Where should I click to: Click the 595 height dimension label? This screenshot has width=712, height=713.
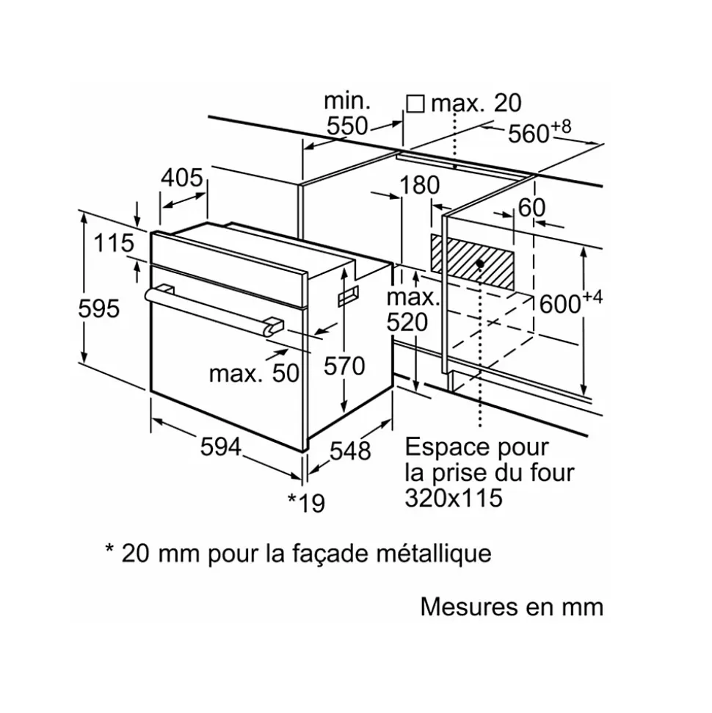[98, 309]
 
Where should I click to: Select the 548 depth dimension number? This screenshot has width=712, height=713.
[349, 450]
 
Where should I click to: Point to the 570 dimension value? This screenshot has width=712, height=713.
[344, 365]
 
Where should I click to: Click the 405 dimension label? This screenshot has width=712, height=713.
[181, 178]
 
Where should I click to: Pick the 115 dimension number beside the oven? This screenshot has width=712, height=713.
[115, 242]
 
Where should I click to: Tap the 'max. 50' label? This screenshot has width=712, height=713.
[254, 373]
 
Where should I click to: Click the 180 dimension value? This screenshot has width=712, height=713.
[418, 187]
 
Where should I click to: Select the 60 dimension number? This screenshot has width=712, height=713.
[531, 208]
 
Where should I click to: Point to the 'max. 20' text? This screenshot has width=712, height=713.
[476, 104]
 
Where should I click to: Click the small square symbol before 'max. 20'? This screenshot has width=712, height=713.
[415, 104]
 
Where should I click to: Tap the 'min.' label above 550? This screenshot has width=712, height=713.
[348, 100]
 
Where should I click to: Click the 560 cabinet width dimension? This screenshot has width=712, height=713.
[530, 134]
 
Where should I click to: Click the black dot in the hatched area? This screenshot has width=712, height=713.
[479, 262]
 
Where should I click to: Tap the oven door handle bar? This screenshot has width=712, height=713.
[213, 308]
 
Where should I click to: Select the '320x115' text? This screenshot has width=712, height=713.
[454, 498]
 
